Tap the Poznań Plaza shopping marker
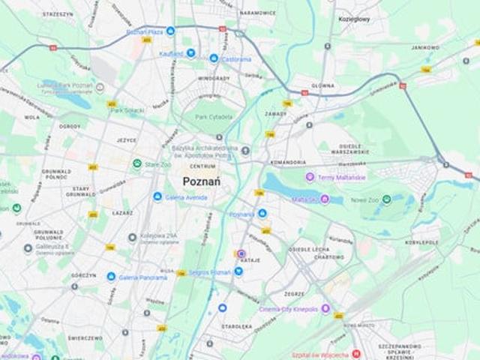170,31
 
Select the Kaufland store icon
190,53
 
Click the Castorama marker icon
214,58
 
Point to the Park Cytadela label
211,117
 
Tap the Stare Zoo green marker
137,163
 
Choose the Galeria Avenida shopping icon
157,196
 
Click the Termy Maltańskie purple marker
309,177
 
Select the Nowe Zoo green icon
386,199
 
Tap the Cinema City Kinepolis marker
325,308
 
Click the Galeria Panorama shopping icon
112,277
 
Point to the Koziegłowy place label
355,19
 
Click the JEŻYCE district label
126,139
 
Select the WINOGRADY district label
214,78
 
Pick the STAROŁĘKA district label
236,327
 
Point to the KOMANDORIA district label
289,162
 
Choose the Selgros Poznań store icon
238,271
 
